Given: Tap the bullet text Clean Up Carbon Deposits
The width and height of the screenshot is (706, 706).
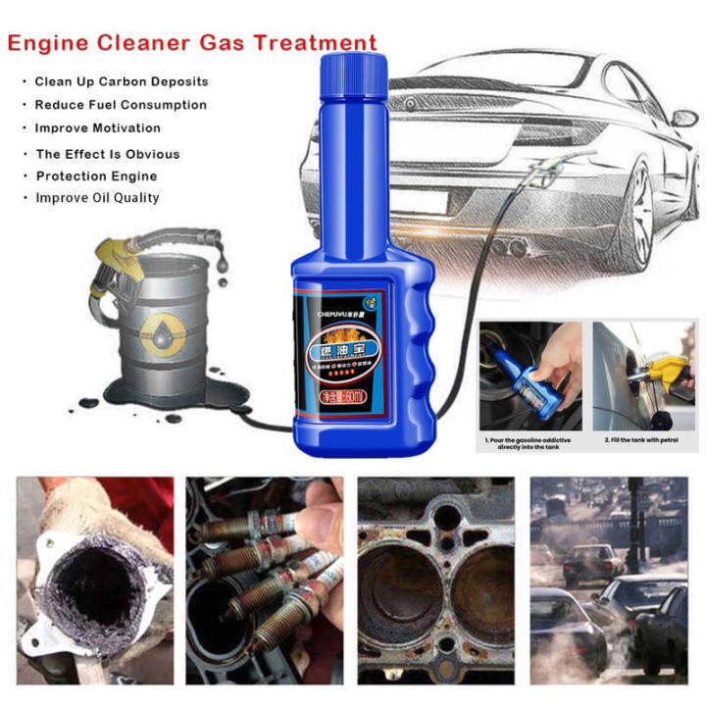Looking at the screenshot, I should pos(122,81).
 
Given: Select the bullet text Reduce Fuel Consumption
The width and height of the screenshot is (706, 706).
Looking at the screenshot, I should pos(121,105).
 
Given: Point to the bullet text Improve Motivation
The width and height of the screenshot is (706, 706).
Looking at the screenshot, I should pos(98,128).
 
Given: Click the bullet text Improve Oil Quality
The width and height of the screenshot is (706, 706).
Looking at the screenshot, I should pos(98,198).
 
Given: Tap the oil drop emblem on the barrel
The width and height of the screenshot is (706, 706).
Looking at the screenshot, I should pos(157,330).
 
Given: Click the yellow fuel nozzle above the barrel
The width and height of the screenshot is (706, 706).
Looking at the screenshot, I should pos(116,257).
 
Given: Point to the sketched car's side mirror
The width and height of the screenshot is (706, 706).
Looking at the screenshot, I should pos(684,118).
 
